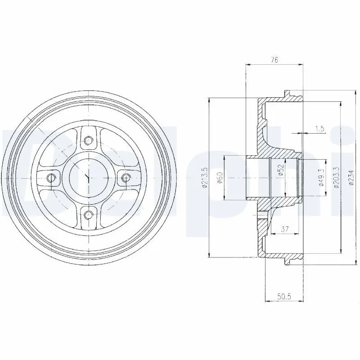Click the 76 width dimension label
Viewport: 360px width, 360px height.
pos(274,60)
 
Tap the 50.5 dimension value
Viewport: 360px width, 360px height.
pos(284,296)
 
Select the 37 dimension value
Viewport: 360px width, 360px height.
pos(285,229)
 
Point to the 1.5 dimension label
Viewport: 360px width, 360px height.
pos(319,129)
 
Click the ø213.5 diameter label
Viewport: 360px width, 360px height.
pos(205,178)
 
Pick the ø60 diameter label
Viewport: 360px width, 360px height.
pos(220,178)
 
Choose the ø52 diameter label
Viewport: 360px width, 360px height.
pos(282,170)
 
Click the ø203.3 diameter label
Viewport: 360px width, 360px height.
pos(336,178)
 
